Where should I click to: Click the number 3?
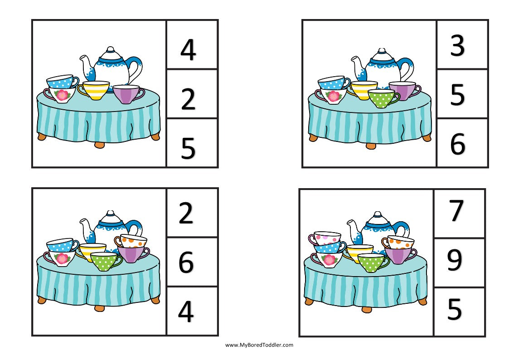[457, 45]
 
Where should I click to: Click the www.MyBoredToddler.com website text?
[259, 345]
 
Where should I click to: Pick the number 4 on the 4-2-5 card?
[188, 50]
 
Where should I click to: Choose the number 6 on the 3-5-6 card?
[457, 144]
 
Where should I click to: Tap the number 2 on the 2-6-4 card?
[186, 214]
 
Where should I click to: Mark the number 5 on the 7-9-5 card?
[455, 310]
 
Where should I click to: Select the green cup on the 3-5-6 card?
[381, 98]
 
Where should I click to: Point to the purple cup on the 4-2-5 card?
[126, 94]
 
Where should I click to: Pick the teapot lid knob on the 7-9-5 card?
[377, 214]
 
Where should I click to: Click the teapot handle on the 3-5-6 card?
[408, 68]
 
